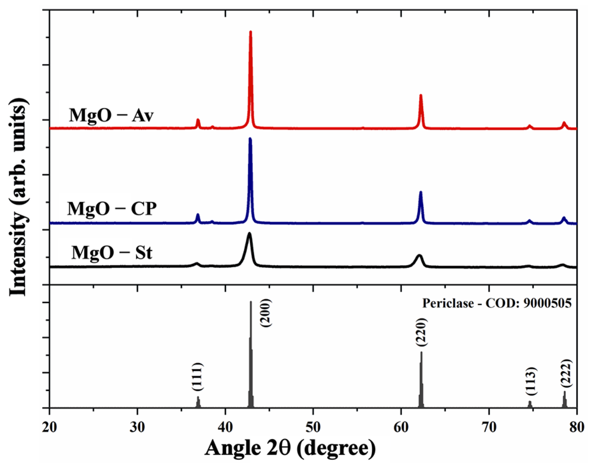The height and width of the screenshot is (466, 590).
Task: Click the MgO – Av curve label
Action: tap(111, 116)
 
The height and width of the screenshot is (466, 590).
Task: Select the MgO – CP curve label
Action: tap(112, 209)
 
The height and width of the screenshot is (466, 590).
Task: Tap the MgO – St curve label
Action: tap(112, 253)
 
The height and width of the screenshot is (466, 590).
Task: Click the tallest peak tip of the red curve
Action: tap(251, 32)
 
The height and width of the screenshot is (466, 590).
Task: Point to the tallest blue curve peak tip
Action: tap(250, 139)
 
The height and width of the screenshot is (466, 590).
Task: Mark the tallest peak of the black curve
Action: tap(249, 234)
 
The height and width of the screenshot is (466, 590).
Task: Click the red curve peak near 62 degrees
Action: tap(421, 96)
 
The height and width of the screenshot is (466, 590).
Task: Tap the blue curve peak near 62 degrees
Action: tap(421, 192)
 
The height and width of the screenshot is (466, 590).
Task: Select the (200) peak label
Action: tap(266, 313)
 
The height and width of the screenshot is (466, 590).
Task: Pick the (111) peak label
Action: tap(197, 377)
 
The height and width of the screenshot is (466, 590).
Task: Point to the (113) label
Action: tap(531, 381)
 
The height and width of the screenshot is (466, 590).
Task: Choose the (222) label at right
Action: tap(566, 373)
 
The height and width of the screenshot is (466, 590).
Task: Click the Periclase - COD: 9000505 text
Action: tap(497, 303)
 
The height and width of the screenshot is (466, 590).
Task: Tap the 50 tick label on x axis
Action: tap(313, 427)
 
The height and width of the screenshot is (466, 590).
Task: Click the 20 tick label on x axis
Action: tap(50, 427)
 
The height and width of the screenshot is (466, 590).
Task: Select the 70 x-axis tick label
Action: tap(489, 427)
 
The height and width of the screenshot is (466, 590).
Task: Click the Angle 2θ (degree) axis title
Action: tap(290, 448)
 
